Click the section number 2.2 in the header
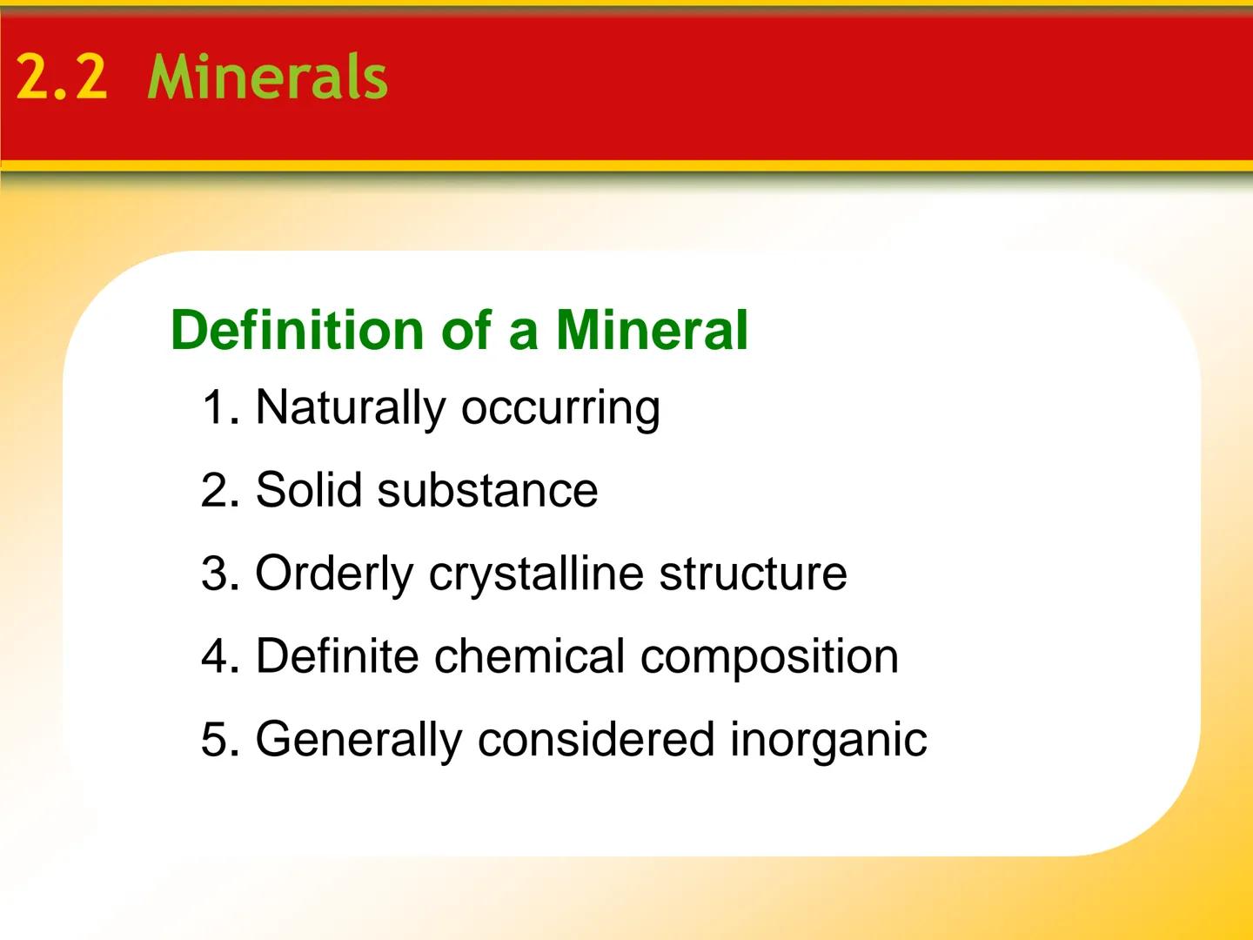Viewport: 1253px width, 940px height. pyautogui.click(x=61, y=77)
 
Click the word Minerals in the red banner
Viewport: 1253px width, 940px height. pyautogui.click(x=268, y=77)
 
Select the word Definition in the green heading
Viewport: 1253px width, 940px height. pyautogui.click(x=297, y=330)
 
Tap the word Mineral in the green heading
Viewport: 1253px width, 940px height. pyautogui.click(x=652, y=330)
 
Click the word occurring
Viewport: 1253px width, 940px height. pyautogui.click(x=560, y=407)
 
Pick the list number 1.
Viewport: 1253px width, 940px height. pyautogui.click(x=218, y=407)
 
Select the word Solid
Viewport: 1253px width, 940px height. pyautogui.click(x=308, y=490)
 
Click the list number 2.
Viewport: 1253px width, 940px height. pyautogui.click(x=218, y=490)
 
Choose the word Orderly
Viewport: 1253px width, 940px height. pyautogui.click(x=334, y=574)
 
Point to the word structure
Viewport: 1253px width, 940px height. pyautogui.click(x=753, y=574)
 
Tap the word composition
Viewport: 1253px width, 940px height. pyautogui.click(x=769, y=655)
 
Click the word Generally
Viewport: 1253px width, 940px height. pyautogui.click(x=358, y=740)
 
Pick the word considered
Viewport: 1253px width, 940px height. pyautogui.click(x=595, y=740)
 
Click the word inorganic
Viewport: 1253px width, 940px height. pyautogui.click(x=828, y=740)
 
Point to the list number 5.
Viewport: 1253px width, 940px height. pyautogui.click(x=218, y=740)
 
